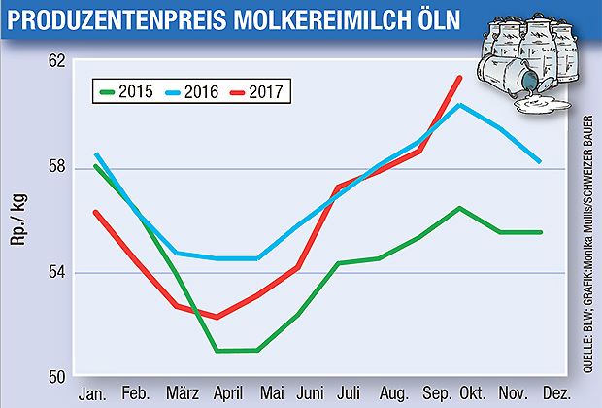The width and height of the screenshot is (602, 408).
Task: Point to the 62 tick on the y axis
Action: tap(56, 60)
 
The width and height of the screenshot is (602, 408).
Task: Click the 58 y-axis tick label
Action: tap(56, 167)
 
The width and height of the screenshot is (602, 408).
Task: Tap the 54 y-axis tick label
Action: tap(56, 272)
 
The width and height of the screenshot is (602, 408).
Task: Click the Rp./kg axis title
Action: tap(17, 219)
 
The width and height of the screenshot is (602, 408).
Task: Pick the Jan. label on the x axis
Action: tap(93, 393)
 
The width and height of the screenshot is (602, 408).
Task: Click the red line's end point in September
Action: tap(459, 77)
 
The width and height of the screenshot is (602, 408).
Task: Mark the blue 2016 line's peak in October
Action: tap(459, 104)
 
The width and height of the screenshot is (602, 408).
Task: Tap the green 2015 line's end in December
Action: tap(540, 232)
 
